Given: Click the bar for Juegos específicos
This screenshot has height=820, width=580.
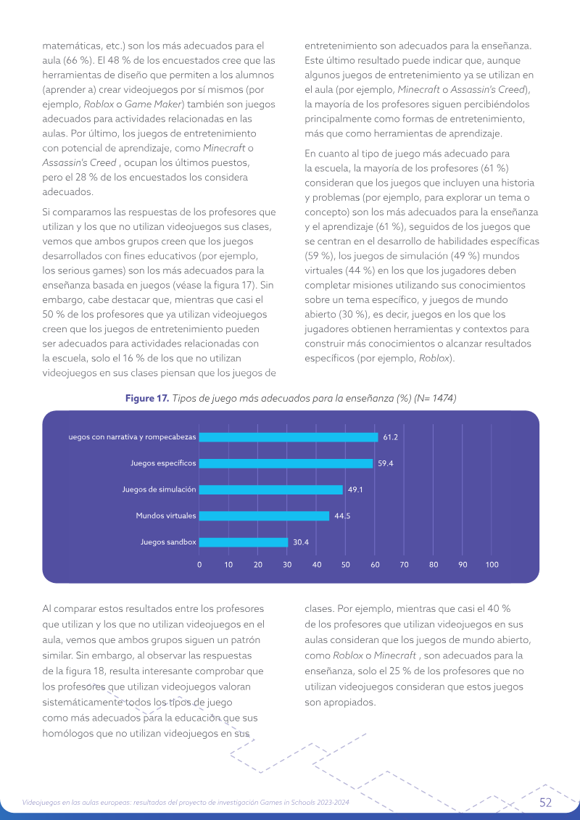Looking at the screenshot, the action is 286,463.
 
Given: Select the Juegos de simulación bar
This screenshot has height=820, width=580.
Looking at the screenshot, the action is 271,489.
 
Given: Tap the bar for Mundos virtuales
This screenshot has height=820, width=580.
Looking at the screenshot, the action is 264,515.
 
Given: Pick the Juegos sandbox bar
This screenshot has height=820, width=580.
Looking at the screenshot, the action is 244,542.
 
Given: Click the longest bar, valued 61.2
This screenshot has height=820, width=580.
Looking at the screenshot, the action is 289,437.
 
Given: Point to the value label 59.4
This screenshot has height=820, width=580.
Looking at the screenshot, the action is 386,463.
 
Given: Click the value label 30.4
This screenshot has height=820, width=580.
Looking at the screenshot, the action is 301,542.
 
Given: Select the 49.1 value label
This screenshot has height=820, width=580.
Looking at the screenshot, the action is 355,489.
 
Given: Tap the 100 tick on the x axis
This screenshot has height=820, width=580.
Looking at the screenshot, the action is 492,565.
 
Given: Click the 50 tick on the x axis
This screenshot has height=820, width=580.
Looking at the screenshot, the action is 346,565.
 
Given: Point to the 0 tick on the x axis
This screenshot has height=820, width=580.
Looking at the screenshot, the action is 199,565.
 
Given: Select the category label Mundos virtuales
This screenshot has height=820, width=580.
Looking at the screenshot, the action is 166,515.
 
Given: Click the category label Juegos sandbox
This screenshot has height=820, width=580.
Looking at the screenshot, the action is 168,542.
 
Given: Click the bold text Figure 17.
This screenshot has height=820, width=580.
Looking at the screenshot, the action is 147,399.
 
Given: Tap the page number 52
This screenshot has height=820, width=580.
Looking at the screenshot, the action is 545,802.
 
